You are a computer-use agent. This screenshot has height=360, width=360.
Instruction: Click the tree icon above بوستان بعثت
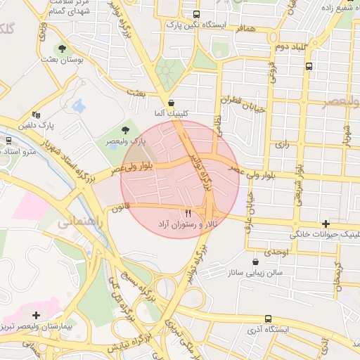point(63,49)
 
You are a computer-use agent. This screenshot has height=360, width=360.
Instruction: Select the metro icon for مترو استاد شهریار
point(9,140)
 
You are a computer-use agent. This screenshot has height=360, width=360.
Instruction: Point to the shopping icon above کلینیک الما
point(171,103)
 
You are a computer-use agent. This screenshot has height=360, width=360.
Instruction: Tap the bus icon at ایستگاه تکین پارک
point(195,14)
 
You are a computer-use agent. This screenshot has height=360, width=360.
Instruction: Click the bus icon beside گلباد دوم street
point(309,66)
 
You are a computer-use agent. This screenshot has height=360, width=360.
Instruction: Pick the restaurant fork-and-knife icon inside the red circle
point(187,213)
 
